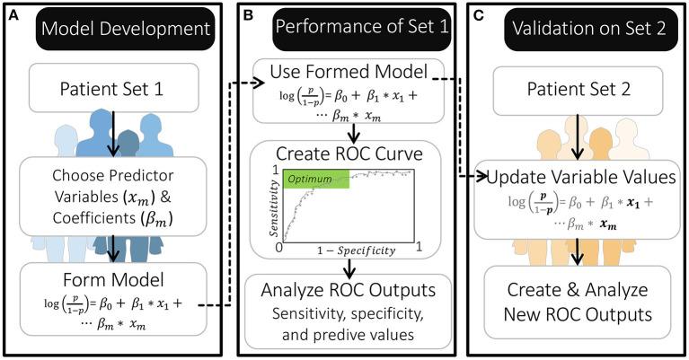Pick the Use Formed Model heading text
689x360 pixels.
pos(349,70)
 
